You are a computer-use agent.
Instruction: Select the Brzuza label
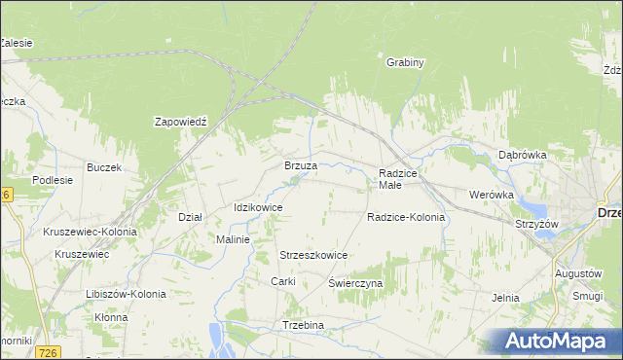click(301, 165)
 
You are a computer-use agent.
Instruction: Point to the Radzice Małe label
click(397, 178)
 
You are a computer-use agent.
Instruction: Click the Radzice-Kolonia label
click(406, 217)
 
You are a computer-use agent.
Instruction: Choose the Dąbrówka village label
click(523, 155)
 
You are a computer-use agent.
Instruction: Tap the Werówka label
click(491, 195)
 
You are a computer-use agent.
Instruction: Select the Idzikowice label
click(258, 207)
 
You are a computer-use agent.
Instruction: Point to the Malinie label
click(234, 239)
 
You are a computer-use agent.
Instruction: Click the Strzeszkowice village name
click(313, 255)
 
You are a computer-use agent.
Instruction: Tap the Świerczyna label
click(355, 283)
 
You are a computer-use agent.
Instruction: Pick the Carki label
click(282, 281)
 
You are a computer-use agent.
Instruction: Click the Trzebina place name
click(302, 324)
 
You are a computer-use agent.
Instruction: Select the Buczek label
click(103, 167)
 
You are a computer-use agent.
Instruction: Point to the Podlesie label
click(53, 180)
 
